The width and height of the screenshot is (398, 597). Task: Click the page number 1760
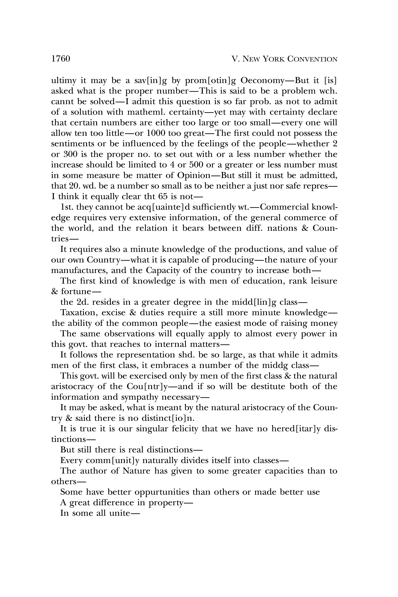pyautogui.click(x=61, y=59)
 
